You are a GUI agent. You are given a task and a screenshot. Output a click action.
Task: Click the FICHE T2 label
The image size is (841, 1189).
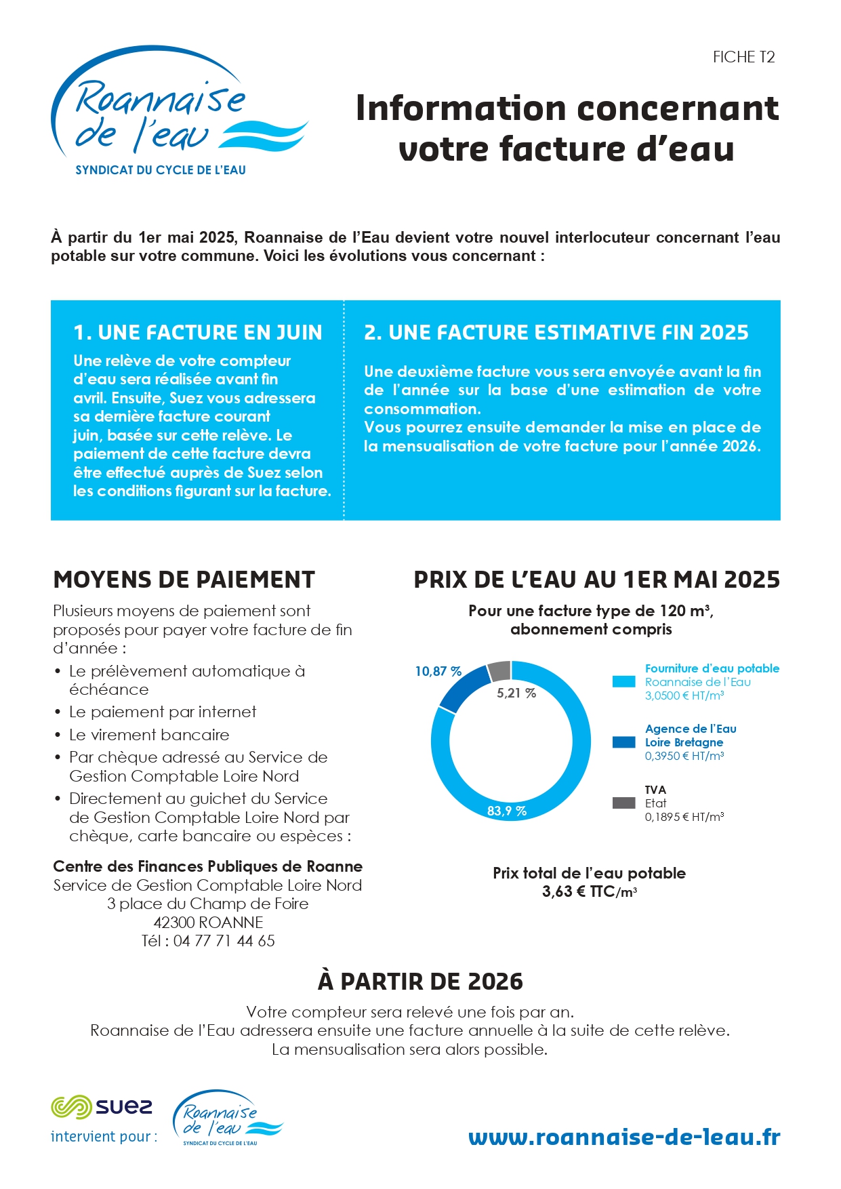coord(743,58)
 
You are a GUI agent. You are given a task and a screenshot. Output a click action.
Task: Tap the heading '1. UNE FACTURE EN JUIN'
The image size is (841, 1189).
coord(198,333)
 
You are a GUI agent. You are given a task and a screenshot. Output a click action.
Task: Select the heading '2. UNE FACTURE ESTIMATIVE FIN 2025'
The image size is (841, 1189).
coord(556,333)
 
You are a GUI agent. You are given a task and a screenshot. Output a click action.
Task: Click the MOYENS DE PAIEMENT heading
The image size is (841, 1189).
coord(184,580)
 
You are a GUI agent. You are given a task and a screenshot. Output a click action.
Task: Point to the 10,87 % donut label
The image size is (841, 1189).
coord(438,671)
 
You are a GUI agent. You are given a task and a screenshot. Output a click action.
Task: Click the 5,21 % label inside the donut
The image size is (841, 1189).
coord(516,693)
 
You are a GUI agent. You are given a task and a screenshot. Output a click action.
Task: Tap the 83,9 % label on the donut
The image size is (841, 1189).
coord(507,811)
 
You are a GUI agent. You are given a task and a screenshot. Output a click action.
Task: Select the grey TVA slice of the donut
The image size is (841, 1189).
coord(499,670)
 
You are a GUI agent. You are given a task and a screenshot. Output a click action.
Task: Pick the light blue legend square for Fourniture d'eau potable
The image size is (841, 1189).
coord(623,682)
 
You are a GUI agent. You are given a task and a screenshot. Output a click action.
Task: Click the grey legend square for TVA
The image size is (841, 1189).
coord(623,803)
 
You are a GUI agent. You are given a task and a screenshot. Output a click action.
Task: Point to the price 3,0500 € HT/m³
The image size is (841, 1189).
coord(684,696)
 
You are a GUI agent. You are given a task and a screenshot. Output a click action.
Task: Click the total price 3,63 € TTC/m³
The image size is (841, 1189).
coord(589,892)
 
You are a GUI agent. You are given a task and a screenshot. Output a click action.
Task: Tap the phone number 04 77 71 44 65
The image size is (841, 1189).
coord(224,941)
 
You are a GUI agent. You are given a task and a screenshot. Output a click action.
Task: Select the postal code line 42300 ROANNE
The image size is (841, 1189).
coord(208,923)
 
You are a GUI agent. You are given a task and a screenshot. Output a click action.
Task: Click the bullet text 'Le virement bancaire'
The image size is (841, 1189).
coord(149,735)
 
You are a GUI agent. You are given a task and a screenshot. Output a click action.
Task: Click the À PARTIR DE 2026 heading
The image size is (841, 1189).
coord(420,982)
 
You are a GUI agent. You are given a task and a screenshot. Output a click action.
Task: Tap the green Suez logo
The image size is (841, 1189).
coord(102,1107)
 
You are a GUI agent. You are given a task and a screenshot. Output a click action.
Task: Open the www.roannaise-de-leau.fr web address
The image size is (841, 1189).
coord(624,1137)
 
